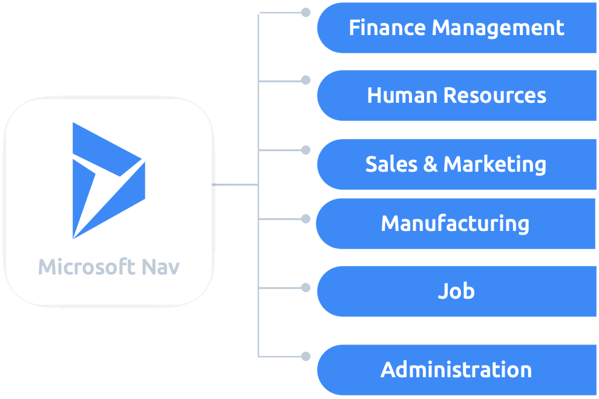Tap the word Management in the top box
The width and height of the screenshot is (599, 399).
[498, 28]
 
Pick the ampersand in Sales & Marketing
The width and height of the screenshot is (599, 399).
[430, 164]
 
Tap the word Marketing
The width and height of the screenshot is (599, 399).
[495, 164]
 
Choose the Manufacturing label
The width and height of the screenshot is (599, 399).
[455, 224]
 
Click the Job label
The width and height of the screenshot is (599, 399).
[456, 291]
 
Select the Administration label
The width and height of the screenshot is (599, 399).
[456, 370]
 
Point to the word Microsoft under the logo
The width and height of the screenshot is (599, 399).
[85, 267]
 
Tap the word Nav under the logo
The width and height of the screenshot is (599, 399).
[161, 267]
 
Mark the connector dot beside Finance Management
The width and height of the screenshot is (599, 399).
[306, 12]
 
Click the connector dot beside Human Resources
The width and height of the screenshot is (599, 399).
[306, 80]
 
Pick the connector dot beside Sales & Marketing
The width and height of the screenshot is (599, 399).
[306, 149]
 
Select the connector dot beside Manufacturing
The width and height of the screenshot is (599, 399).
[306, 218]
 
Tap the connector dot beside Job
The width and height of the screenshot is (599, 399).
[306, 287]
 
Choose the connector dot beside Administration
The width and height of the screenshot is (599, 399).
[306, 356]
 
